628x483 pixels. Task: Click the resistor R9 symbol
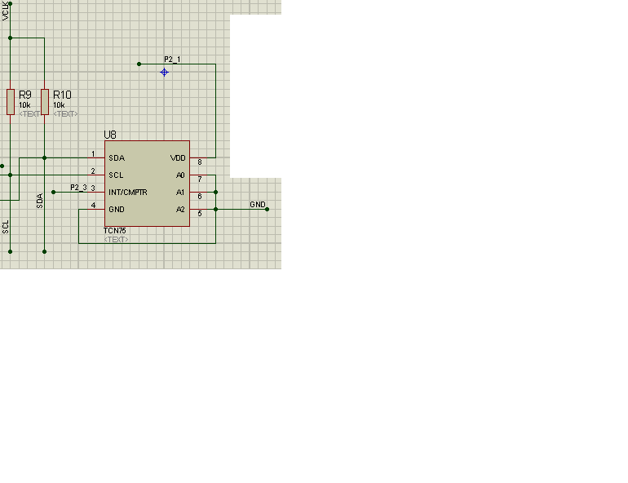pyautogui.click(x=11, y=101)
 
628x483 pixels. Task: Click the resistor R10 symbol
pyautogui.click(x=44, y=101)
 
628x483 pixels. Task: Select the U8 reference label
pyautogui.click(x=110, y=135)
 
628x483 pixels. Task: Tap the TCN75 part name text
pyautogui.click(x=115, y=231)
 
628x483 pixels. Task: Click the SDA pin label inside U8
pyautogui.click(x=116, y=158)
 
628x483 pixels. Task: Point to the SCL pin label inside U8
pyautogui.click(x=116, y=175)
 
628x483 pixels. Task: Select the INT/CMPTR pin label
pyautogui.click(x=128, y=193)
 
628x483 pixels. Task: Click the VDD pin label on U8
pyautogui.click(x=178, y=158)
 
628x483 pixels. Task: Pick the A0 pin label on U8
pyautogui.click(x=180, y=175)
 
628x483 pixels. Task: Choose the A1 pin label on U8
pyautogui.click(x=180, y=193)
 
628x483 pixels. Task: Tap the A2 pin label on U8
pyautogui.click(x=180, y=210)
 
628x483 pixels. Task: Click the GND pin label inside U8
pyautogui.click(x=117, y=210)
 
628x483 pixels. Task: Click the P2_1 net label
pyautogui.click(x=172, y=60)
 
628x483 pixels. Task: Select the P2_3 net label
pyautogui.click(x=78, y=188)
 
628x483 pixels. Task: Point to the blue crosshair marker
pyautogui.click(x=164, y=72)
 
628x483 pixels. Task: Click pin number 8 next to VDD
pyautogui.click(x=199, y=162)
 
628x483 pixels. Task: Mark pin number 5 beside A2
pyautogui.click(x=199, y=214)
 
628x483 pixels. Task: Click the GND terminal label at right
pyautogui.click(x=258, y=205)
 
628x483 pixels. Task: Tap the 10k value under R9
pyautogui.click(x=24, y=105)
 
